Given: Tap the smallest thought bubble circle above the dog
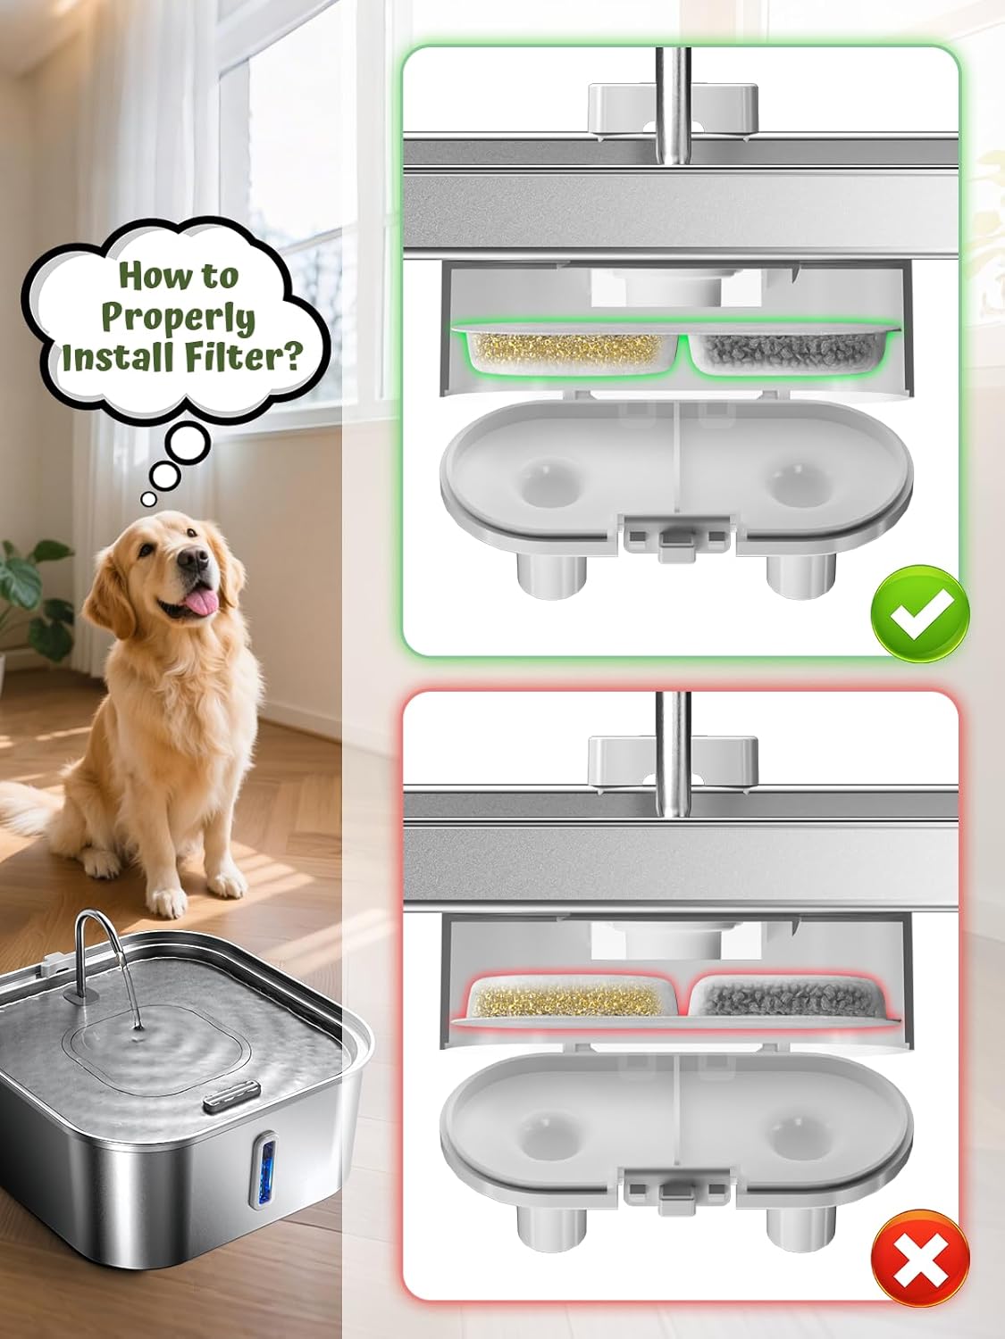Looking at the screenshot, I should [147, 499].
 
